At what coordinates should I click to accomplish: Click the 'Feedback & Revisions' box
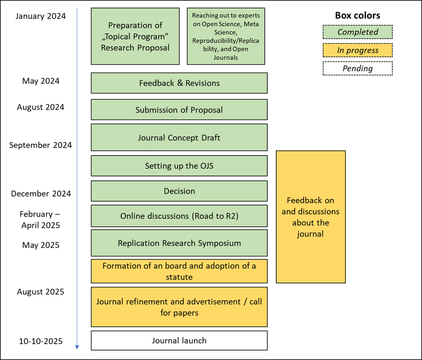(179, 83)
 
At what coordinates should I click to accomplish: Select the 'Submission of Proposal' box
(179, 110)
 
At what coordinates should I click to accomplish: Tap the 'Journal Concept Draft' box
(179, 138)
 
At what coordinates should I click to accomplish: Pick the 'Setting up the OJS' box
(179, 166)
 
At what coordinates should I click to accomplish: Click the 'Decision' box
(179, 191)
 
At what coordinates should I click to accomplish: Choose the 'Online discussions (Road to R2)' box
(179, 216)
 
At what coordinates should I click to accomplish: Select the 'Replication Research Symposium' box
(179, 243)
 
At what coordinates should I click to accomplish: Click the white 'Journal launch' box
(179, 340)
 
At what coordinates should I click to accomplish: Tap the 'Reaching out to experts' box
(226, 36)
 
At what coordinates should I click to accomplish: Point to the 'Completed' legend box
(357, 32)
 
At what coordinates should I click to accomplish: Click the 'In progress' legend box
(357, 50)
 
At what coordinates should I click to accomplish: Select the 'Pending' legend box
(357, 68)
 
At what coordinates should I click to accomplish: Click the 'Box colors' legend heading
(357, 15)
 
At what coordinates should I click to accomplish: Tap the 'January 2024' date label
(41, 16)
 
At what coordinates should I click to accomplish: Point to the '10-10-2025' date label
(41, 341)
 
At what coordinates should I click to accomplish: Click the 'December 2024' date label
(41, 194)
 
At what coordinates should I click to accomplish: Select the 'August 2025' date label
(41, 292)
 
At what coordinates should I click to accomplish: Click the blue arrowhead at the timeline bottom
(77, 347)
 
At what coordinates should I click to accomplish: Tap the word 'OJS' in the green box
(207, 166)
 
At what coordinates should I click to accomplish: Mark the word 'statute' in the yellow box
(179, 277)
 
